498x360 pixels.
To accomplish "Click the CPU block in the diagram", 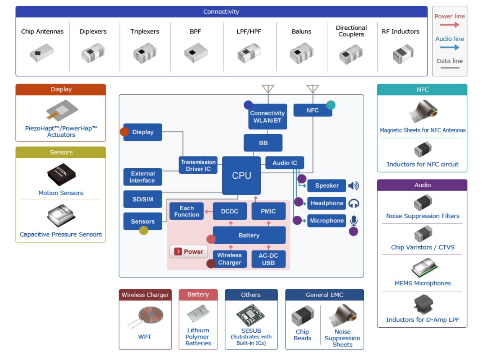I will [x=241, y=175].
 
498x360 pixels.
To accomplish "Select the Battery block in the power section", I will [x=249, y=235].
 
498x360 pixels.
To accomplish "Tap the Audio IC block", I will [x=285, y=163].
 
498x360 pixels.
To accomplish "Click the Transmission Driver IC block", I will [x=198, y=165].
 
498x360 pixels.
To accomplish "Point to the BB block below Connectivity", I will [x=263, y=143].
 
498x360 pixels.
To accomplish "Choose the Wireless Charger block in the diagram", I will [x=229, y=259].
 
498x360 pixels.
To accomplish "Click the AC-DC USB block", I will [x=268, y=259].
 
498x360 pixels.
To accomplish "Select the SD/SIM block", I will [x=143, y=199].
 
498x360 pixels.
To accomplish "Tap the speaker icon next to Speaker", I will [x=353, y=185].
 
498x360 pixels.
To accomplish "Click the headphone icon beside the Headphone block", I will [x=354, y=203].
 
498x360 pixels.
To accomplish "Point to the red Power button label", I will [x=189, y=252].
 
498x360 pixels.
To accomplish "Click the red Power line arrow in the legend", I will [x=449, y=25].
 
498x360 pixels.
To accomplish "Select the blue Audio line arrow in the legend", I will [x=449, y=47].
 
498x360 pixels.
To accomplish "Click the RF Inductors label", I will [x=400, y=31].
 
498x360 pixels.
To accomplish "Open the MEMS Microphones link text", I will [x=423, y=283].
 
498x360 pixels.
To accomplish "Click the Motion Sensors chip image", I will [x=61, y=175].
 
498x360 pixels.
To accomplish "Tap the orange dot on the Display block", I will [x=124, y=132].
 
